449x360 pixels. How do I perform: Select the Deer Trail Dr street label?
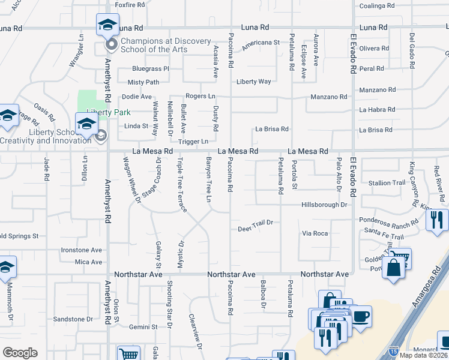coord(255,223)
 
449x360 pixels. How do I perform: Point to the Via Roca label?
coord(315,233)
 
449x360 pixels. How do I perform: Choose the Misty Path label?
coord(143,82)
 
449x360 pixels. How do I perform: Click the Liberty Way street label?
coord(254,82)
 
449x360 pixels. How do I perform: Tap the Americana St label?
coord(261,43)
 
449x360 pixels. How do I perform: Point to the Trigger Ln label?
coord(193,142)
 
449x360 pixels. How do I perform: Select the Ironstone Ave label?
coord(81,250)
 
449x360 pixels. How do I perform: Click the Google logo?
coord(20,353)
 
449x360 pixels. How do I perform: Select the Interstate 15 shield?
coord(393,349)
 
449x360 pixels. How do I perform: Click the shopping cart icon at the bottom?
coord(128,354)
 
